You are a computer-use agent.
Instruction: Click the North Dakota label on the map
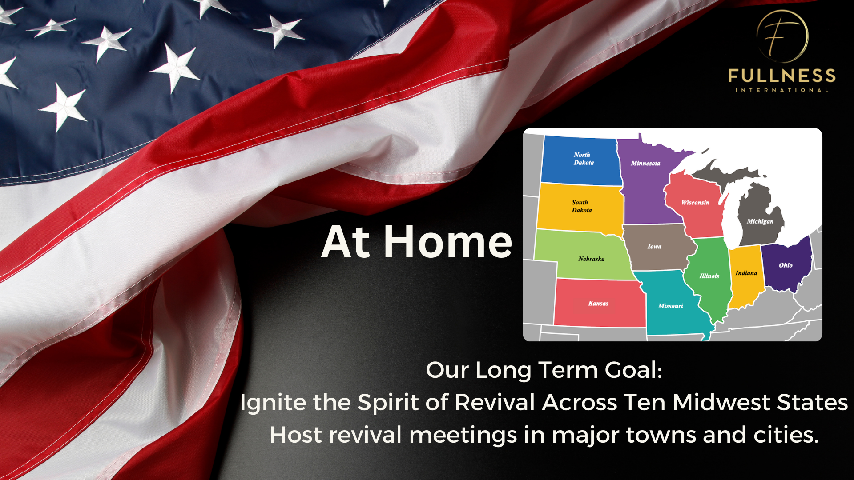point(584,159)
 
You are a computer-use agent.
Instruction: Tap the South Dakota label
point(582,206)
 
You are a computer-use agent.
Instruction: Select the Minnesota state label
point(645,163)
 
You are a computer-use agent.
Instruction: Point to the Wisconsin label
point(695,202)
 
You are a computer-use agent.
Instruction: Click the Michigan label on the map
point(760,221)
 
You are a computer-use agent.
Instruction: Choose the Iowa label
point(654,246)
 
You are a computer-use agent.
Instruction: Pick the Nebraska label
point(592,259)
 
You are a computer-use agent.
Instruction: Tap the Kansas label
point(598,303)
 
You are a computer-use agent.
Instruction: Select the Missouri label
point(671,306)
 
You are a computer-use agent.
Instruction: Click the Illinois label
point(709,276)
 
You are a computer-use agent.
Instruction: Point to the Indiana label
point(746,273)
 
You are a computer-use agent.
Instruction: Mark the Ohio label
point(786,265)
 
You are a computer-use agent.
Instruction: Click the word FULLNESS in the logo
point(782,76)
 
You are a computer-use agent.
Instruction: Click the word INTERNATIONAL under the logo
point(782,90)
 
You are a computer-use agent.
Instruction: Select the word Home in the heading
point(448,242)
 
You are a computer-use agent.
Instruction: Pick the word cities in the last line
point(786,434)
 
